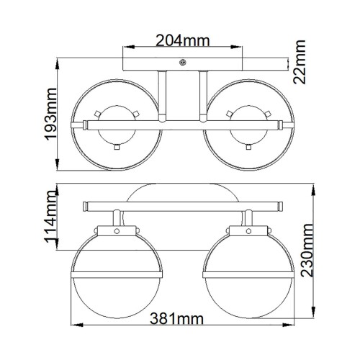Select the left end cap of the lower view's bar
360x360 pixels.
(x=87, y=208)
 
